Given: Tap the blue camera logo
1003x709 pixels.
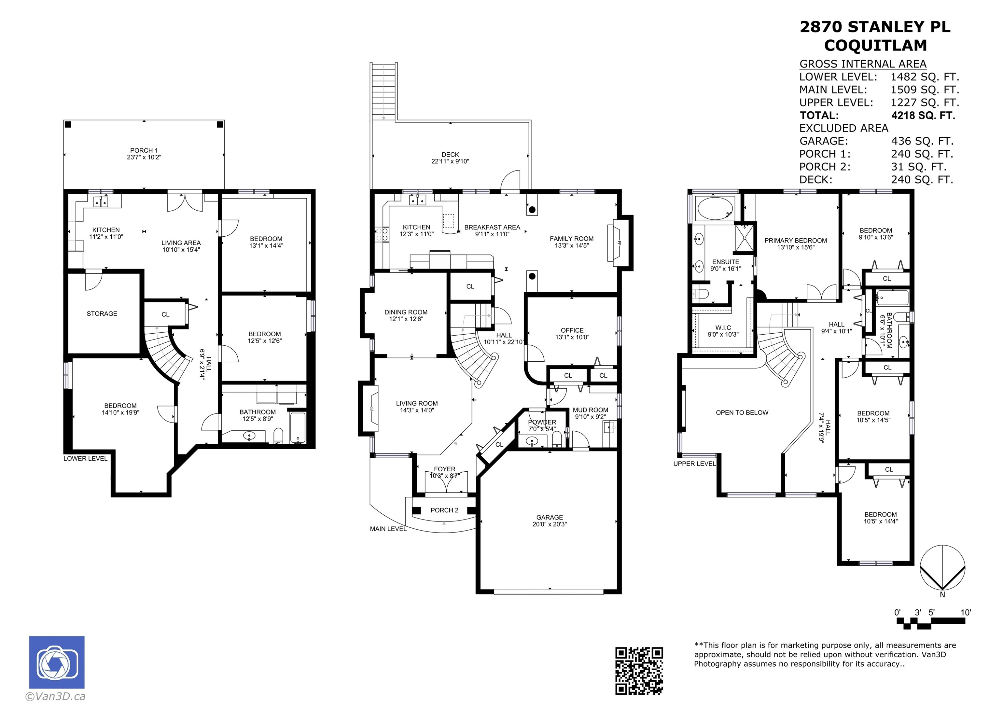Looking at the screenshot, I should (x=57, y=662).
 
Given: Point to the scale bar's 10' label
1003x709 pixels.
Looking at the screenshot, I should (x=966, y=612).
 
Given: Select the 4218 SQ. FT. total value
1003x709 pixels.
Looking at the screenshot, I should (x=923, y=115).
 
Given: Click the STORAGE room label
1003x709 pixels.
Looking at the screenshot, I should (x=102, y=314).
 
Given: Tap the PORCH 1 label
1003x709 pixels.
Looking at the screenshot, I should (x=144, y=150).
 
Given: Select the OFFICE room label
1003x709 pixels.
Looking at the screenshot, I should (x=572, y=330).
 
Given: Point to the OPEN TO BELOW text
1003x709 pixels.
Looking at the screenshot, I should (x=742, y=412).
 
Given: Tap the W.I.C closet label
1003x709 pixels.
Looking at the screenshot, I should (x=723, y=328).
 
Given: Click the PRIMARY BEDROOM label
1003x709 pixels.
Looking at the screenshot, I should (x=795, y=240).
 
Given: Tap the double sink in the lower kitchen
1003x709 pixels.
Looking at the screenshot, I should (x=101, y=201).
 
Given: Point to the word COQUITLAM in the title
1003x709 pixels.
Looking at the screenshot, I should (x=875, y=45).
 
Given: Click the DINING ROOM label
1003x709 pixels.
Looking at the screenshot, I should (x=406, y=312).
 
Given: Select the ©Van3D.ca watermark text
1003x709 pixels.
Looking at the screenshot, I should (x=55, y=696).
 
